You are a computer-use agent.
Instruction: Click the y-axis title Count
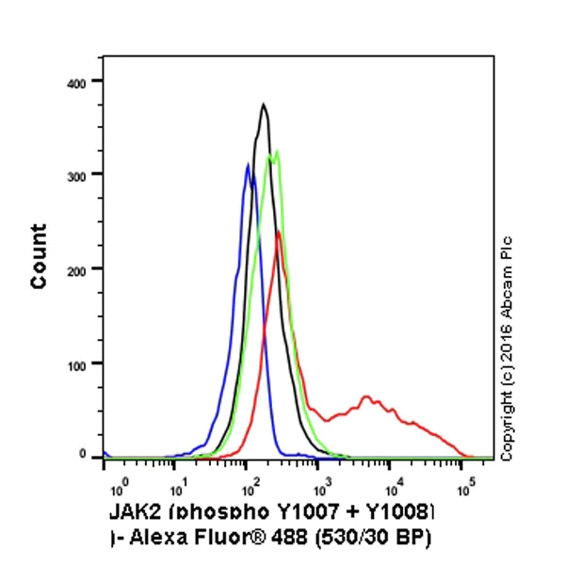(40, 256)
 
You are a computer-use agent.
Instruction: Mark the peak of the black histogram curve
(264, 105)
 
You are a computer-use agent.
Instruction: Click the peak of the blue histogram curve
(248, 166)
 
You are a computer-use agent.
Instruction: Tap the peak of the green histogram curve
(276, 151)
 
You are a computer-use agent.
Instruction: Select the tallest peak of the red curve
(278, 232)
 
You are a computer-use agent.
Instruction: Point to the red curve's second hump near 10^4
(366, 396)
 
